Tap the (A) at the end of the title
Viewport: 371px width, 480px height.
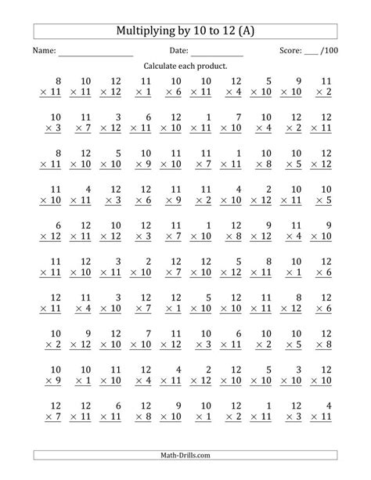246,31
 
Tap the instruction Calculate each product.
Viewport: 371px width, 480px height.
185,67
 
